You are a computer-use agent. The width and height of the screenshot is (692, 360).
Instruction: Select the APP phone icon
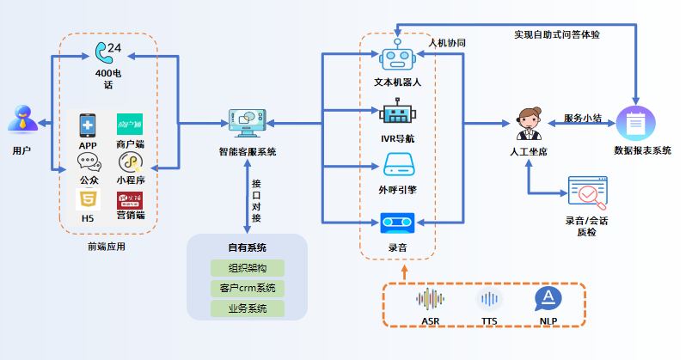[88, 125]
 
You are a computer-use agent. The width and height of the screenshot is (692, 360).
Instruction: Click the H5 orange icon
[88, 200]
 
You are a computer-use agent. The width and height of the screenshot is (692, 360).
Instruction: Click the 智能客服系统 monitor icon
[248, 122]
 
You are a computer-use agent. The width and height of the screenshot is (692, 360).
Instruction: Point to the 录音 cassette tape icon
[397, 223]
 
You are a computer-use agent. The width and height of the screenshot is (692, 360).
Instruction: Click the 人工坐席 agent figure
[529, 125]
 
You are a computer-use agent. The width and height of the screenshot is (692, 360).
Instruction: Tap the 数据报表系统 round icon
[635, 125]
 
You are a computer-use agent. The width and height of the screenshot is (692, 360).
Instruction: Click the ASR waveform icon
[430, 299]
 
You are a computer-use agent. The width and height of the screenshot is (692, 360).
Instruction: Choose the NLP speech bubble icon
[548, 299]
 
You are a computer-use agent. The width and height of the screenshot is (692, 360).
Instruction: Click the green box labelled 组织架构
[248, 267]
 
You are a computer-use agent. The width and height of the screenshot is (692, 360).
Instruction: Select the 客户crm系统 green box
[248, 288]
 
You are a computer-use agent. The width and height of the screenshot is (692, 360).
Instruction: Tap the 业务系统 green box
[248, 308]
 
